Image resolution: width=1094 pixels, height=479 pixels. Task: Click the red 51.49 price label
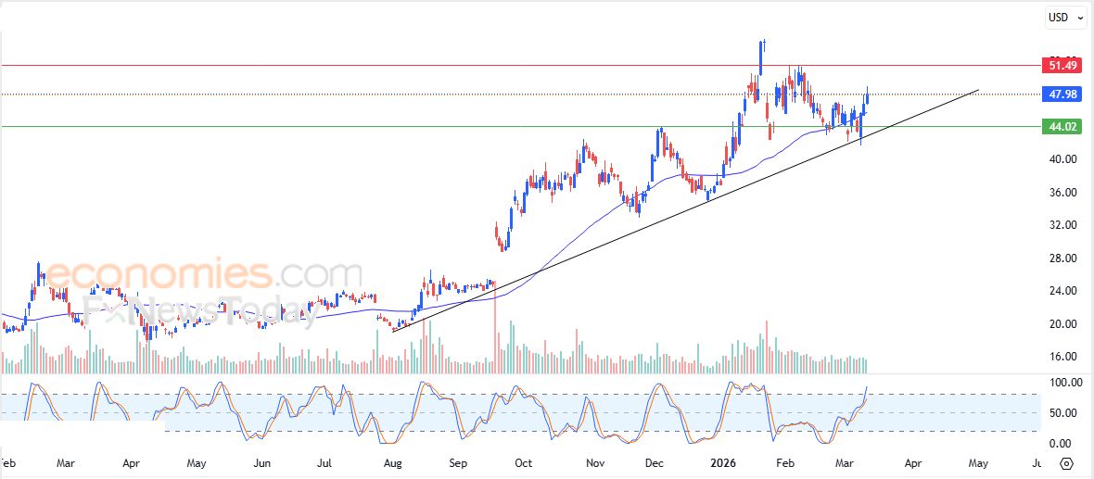1062,65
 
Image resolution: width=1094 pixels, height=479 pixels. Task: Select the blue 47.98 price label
1062,95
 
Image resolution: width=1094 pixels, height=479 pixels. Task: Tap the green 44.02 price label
1062,126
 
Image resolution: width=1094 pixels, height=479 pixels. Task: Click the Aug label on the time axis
392,461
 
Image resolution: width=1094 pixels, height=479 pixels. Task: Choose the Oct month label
523,461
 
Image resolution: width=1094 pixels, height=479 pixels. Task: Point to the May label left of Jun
196,461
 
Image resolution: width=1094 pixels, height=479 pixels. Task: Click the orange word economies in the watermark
158,275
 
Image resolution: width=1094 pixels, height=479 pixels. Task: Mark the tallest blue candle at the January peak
761,57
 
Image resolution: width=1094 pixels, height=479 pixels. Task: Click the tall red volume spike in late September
495,329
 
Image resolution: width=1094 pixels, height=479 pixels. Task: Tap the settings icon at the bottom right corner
1066,462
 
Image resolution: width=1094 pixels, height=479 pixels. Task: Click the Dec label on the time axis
655,461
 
